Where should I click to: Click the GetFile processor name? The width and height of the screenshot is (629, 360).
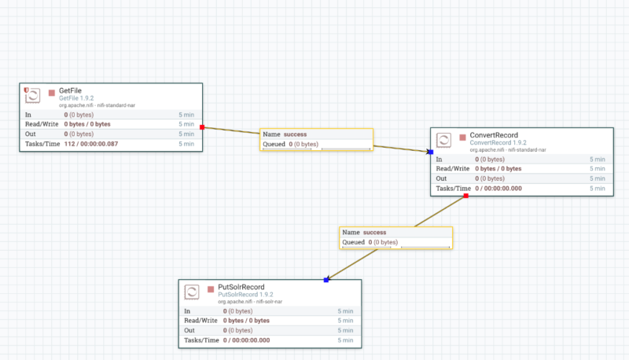[x=71, y=91]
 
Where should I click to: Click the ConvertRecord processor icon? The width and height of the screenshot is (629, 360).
[x=443, y=140]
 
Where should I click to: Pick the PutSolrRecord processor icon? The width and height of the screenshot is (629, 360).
[x=191, y=292]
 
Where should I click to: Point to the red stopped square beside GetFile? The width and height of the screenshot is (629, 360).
[x=52, y=92]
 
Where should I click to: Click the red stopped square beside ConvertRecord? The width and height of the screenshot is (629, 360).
[x=462, y=137]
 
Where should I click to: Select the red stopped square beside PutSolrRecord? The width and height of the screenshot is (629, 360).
[x=210, y=288]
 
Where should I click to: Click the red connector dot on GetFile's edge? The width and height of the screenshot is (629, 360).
[x=202, y=127]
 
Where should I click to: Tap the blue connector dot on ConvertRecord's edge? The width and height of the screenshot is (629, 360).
[x=431, y=152]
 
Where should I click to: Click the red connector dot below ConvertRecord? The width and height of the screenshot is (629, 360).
[x=466, y=195]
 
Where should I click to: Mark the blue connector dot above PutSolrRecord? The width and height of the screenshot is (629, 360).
[x=326, y=280]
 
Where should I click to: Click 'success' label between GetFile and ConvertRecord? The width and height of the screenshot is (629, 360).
[x=296, y=134]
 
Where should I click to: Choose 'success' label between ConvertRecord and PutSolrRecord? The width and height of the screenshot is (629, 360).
[x=374, y=233]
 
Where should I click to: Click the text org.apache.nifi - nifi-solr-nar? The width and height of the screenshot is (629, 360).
[x=249, y=302]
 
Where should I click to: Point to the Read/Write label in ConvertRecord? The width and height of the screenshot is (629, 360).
[x=452, y=168]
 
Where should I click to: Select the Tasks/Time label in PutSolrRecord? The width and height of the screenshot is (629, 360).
[x=200, y=340]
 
